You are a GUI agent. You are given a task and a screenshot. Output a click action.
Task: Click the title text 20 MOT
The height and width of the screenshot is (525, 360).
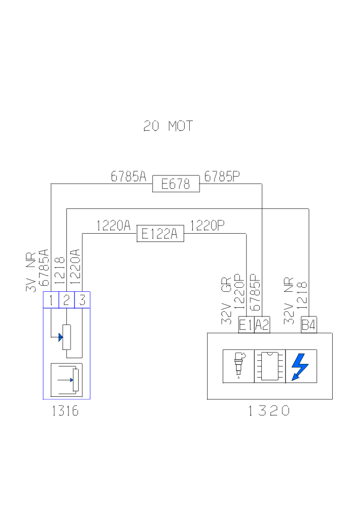(168, 126)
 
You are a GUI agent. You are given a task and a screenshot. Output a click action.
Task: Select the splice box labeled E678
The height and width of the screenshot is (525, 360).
(176, 184)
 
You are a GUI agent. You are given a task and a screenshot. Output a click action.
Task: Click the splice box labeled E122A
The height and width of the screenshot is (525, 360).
(160, 234)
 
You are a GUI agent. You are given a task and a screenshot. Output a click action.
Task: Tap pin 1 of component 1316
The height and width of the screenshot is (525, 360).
(51, 300)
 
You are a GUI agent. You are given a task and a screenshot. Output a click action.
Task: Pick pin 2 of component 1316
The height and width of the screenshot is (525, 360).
(66, 300)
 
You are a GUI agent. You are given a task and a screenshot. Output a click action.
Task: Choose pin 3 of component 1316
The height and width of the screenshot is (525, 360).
(82, 300)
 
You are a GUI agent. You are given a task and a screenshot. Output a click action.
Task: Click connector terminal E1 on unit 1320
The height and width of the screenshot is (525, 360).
(246, 325)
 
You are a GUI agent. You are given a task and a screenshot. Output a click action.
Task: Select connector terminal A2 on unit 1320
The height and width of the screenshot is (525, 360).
(262, 325)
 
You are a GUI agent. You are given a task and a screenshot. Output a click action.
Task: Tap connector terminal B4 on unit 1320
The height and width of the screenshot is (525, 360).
(309, 325)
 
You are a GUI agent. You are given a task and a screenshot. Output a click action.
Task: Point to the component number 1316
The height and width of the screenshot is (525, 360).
(65, 411)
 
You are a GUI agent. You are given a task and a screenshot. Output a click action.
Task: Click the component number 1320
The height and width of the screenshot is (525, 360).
(269, 411)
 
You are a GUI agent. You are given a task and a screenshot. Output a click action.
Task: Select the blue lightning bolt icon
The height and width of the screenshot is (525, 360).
(300, 366)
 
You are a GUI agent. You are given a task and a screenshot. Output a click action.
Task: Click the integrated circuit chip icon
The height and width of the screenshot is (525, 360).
(269, 366)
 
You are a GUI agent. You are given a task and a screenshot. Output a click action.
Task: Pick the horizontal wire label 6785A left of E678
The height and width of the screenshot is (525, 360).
(129, 177)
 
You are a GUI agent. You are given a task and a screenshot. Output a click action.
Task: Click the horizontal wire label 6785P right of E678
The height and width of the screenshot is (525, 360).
(222, 177)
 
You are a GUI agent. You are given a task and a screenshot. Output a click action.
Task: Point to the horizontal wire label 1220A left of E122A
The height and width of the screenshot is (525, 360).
(113, 226)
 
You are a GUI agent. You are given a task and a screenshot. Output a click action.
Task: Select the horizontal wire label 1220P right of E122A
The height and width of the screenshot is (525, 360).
(207, 226)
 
